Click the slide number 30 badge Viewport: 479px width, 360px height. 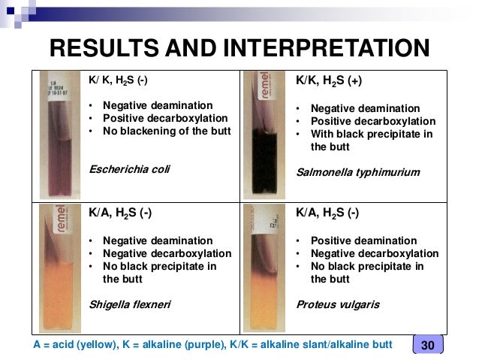(x=428, y=344)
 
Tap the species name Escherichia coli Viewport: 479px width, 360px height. (x=129, y=169)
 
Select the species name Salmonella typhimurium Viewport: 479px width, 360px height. (x=358, y=173)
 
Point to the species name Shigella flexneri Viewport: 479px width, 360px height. (x=130, y=304)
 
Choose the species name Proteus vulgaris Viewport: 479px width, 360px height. (x=338, y=304)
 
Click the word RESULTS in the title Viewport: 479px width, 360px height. (x=104, y=48)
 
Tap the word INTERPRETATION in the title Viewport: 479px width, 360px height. (x=327, y=48)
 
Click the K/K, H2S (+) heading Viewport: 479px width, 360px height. (x=329, y=80)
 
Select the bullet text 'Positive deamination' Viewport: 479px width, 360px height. (x=364, y=241)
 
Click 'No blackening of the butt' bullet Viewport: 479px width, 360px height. (x=167, y=131)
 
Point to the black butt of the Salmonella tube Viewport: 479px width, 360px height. (x=264, y=162)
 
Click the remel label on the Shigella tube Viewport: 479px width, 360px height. (x=61, y=219)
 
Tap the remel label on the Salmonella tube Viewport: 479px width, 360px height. (x=265, y=86)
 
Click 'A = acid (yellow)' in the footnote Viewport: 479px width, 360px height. (x=75, y=345)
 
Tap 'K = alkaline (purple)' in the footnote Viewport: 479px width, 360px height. (x=174, y=345)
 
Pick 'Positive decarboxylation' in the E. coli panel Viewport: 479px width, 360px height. (x=165, y=118)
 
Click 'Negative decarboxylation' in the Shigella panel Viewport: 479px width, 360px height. (x=167, y=253)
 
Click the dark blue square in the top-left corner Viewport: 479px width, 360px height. (x=11, y=11)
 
